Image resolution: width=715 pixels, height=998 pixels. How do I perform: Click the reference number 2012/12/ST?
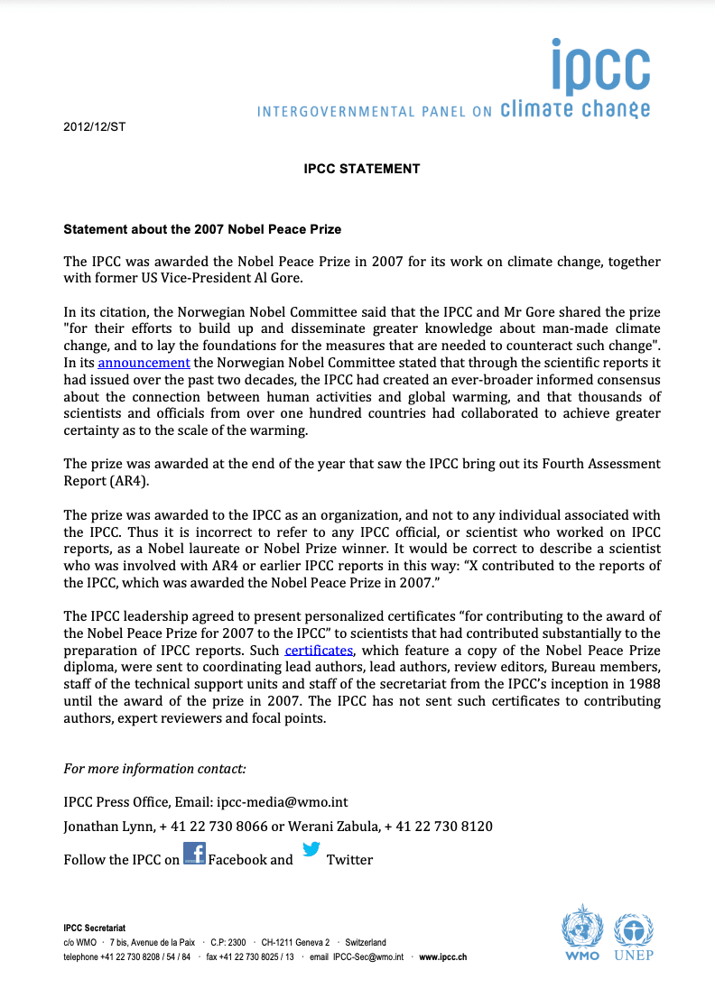[x=94, y=127]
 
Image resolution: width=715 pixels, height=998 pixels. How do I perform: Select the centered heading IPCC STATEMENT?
[x=362, y=169]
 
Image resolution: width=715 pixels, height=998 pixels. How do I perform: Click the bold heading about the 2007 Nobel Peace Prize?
[x=202, y=230]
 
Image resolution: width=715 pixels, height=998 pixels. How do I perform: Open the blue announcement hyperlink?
[x=144, y=363]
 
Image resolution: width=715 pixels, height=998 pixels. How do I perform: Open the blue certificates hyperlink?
[x=319, y=651]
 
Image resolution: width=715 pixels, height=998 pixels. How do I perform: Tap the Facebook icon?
[x=194, y=854]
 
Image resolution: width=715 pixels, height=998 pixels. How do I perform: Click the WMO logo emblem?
[x=582, y=929]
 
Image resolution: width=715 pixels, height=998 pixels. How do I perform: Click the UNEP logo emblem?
[x=634, y=929]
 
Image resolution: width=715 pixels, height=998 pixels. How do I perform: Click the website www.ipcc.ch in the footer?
[x=443, y=956]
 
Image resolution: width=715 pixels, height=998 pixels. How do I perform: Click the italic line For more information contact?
[x=154, y=769]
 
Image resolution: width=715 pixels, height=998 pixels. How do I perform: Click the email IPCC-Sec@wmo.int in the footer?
[x=367, y=956]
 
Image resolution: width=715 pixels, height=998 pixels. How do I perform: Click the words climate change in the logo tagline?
[x=574, y=110]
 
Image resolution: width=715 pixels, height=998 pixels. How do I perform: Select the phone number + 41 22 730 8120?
[x=439, y=827]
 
